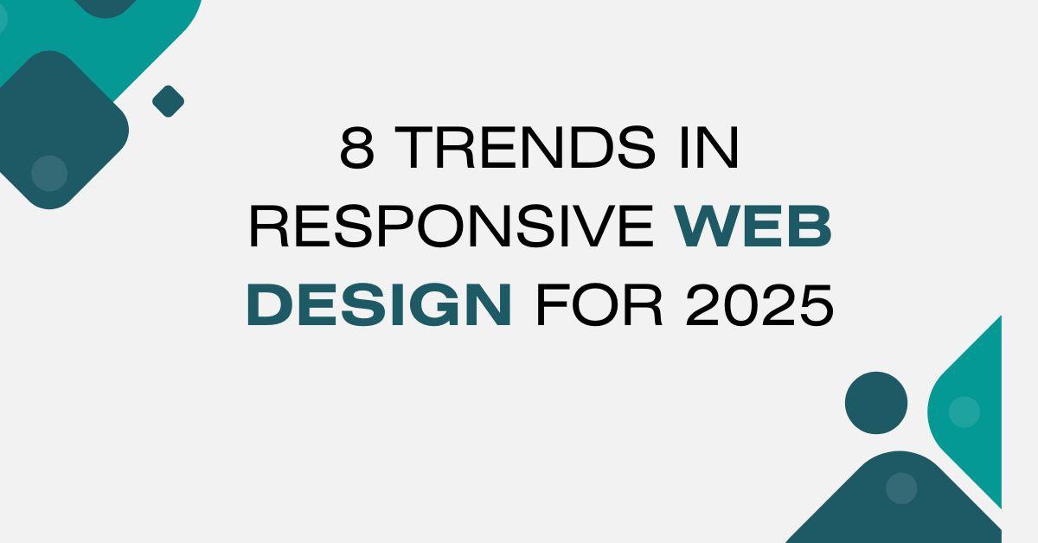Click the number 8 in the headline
pos(356,147)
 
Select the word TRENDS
pos(524,147)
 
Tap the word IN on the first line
pos(709,147)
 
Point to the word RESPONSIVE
pos(452,226)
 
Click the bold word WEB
pos(753,226)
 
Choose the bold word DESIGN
pos(380,305)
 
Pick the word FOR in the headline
pos(599,305)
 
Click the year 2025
pos(759,305)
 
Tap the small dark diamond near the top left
pos(168,101)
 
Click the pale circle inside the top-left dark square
pos(49,173)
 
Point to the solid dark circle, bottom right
pos(876,403)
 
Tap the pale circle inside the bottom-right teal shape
pos(964,412)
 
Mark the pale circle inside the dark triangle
pos(901,489)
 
